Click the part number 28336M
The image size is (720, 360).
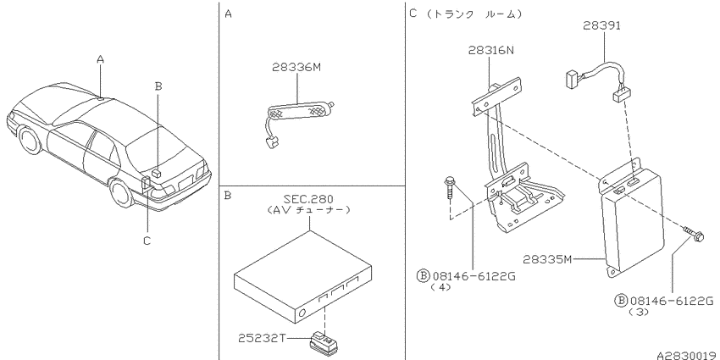(296, 68)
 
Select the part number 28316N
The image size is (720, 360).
(491, 50)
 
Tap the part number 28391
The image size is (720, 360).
(601, 25)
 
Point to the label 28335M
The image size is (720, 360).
(547, 259)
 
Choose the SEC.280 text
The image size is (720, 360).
(308, 199)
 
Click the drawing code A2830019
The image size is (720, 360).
(687, 356)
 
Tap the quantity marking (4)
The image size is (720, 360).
(440, 287)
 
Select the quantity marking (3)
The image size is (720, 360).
(639, 312)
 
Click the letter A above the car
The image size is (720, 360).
(101, 58)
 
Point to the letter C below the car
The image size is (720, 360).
(147, 241)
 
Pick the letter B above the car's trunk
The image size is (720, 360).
(158, 86)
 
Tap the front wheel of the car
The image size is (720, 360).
(30, 140)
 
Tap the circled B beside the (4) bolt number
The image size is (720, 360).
(423, 275)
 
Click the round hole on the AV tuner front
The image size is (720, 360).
(302, 313)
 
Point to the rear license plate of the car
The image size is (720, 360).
(186, 182)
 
